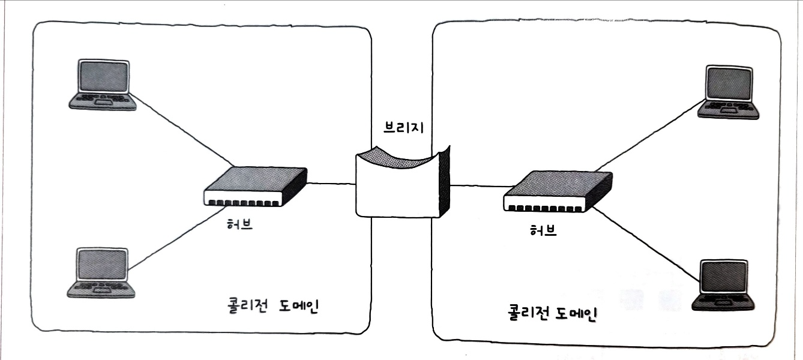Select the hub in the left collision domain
(255, 187)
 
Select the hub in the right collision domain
(558, 191)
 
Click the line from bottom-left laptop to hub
(174, 243)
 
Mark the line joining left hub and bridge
(331, 184)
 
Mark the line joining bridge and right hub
(477, 186)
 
